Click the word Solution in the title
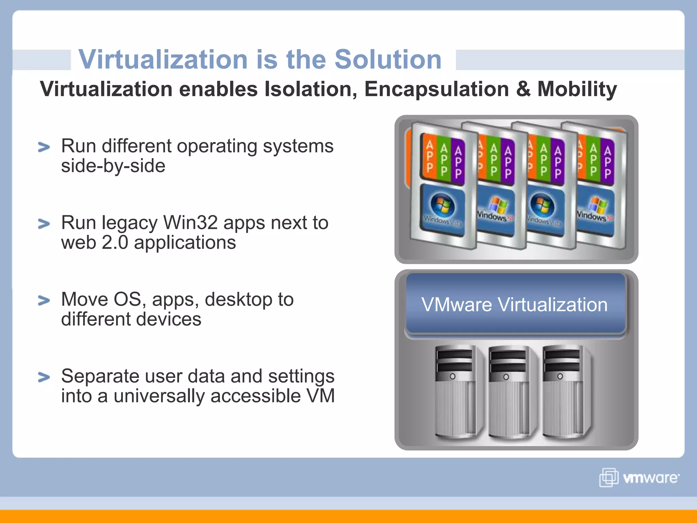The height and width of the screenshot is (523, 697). (x=388, y=60)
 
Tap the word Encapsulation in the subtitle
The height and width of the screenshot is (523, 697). (x=437, y=90)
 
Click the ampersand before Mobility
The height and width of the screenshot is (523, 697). (x=523, y=89)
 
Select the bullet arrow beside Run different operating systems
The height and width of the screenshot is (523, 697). (x=44, y=147)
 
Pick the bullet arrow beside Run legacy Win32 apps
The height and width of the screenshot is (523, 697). (x=44, y=224)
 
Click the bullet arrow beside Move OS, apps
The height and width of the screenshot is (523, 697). (x=44, y=300)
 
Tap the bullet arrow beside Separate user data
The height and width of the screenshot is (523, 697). (x=44, y=377)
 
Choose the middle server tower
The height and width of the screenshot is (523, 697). (x=509, y=392)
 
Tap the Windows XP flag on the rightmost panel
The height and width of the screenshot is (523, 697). (x=598, y=205)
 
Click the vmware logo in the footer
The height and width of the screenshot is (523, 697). (x=639, y=478)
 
